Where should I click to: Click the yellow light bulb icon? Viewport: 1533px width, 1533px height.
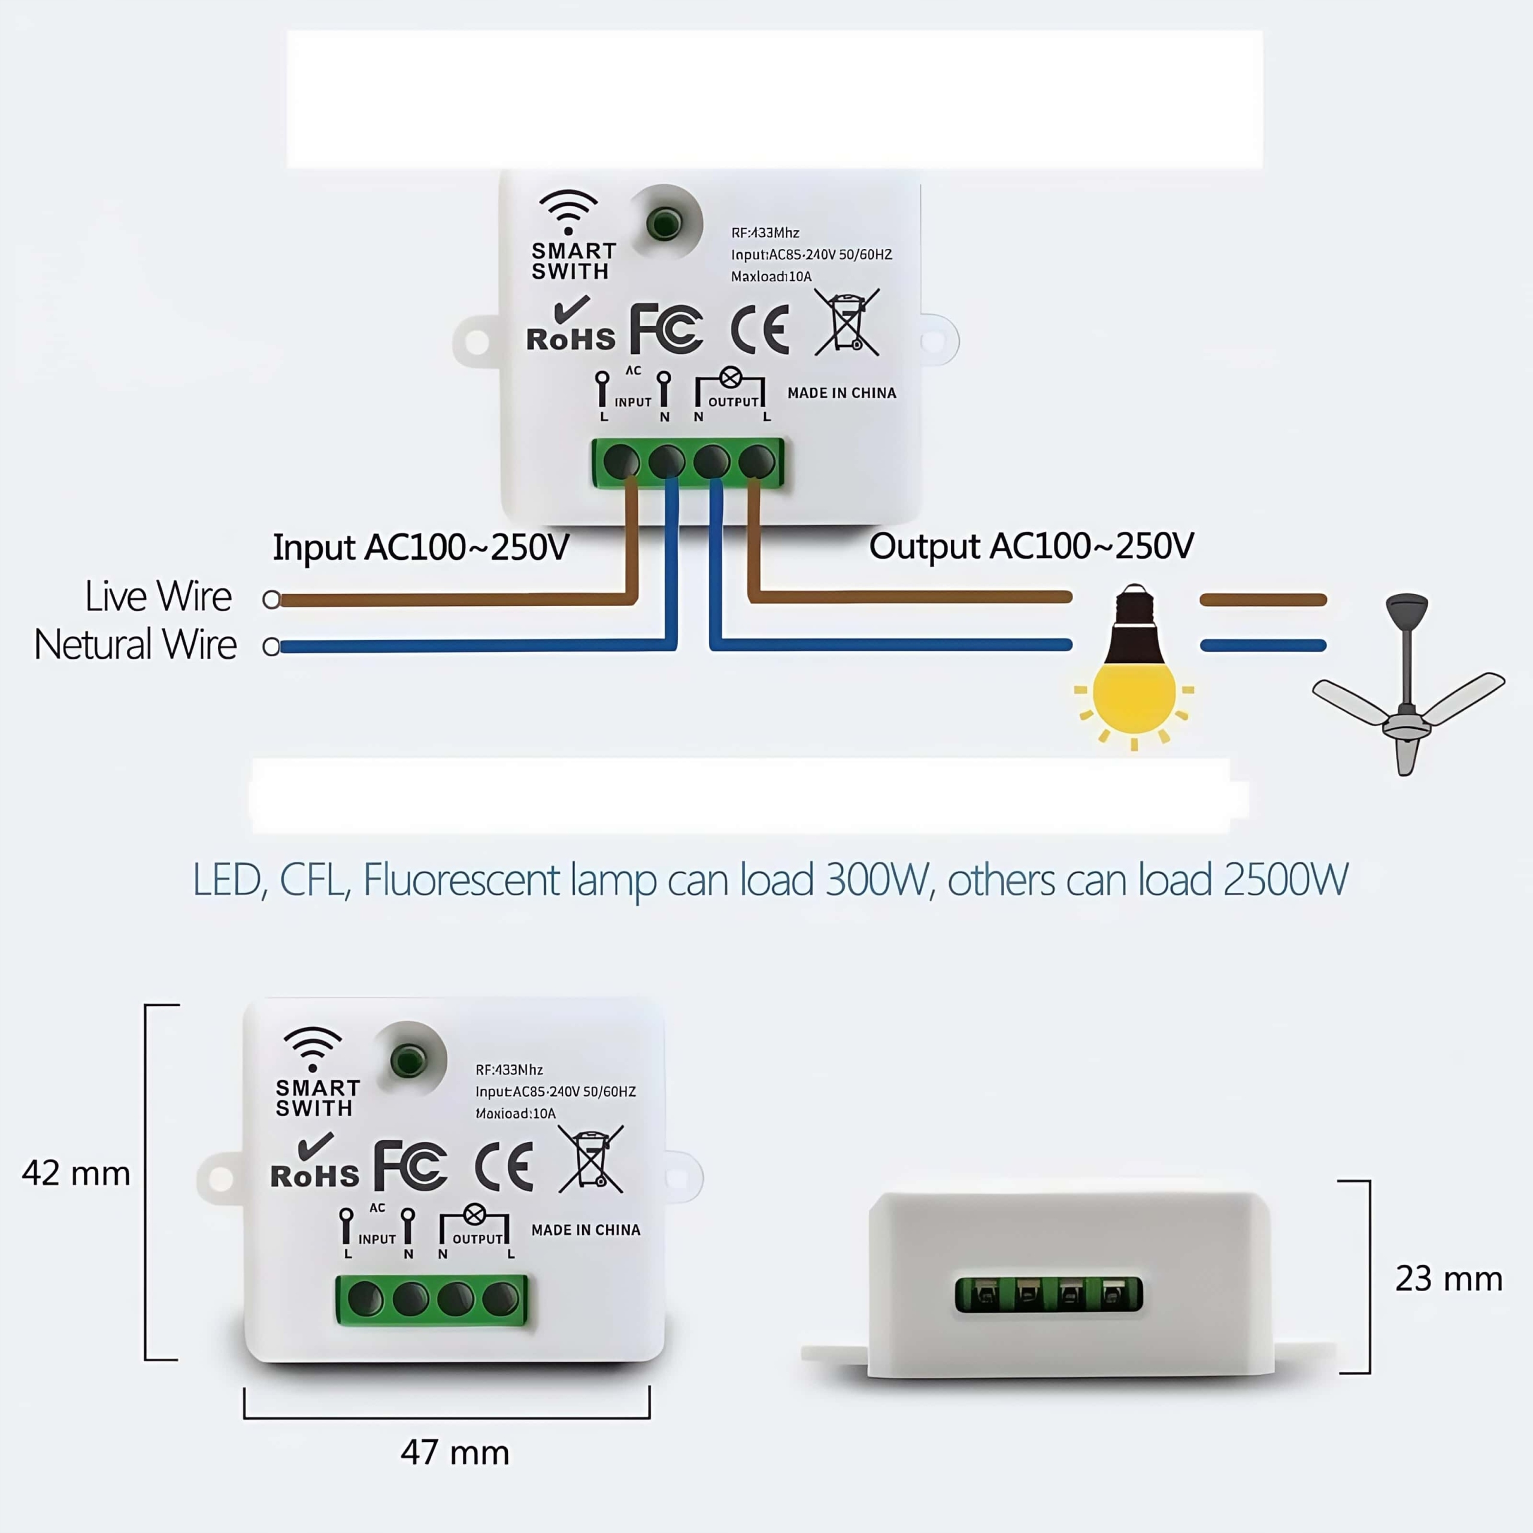[x=1134, y=674]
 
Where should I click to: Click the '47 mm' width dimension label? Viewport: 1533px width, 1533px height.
[x=455, y=1453]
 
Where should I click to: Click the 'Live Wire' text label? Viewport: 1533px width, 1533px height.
[x=158, y=596]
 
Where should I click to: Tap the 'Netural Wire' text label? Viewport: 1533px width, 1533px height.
[x=135, y=644]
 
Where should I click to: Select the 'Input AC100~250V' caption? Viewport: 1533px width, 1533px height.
[x=420, y=547]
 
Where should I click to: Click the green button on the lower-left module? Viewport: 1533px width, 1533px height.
[x=408, y=1060]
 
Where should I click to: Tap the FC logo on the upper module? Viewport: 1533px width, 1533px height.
[x=666, y=329]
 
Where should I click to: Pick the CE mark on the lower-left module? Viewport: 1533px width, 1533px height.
[x=504, y=1167]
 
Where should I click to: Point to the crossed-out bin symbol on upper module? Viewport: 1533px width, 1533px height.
[x=847, y=322]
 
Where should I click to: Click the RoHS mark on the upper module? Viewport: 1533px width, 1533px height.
[x=571, y=325]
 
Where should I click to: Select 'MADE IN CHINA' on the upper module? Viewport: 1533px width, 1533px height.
[x=841, y=393]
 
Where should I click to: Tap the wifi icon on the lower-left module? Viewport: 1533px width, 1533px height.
[x=313, y=1048]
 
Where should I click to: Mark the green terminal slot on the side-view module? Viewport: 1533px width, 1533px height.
[x=1048, y=1295]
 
